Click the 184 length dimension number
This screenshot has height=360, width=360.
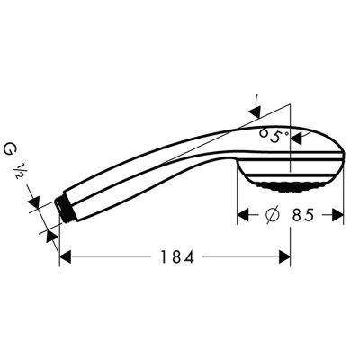(x=172, y=257)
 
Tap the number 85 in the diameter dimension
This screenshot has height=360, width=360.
(x=302, y=216)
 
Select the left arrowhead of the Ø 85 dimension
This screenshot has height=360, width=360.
(x=243, y=216)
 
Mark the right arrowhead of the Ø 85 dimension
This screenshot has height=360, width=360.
(x=338, y=216)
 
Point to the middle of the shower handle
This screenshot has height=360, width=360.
(x=153, y=171)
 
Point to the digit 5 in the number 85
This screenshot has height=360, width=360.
(x=310, y=216)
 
